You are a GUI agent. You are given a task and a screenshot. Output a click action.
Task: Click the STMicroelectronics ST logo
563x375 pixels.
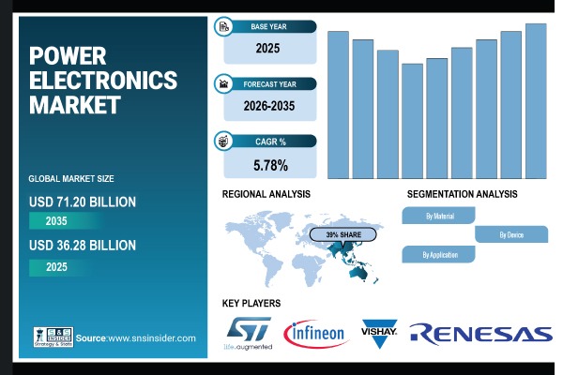(x=249, y=331)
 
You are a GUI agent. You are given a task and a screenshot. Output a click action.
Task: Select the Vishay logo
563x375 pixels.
(x=380, y=332)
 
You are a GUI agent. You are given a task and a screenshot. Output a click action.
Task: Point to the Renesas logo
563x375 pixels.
(x=480, y=334)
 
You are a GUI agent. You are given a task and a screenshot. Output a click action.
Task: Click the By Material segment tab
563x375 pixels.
(x=438, y=216)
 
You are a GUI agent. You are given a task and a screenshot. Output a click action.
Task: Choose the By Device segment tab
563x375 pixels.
(x=511, y=234)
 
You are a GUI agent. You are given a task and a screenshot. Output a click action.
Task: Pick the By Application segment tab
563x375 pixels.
(x=438, y=254)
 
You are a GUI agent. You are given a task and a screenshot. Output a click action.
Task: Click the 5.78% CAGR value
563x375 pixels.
(x=268, y=166)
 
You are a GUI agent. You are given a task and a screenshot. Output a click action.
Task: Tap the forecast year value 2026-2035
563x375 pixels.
(x=268, y=107)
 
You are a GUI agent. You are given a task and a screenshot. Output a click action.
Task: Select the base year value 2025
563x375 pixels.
(x=268, y=46)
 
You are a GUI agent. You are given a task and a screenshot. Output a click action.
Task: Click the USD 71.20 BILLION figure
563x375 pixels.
(x=83, y=202)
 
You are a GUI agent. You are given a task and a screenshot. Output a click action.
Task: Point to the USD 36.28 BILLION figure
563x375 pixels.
(x=83, y=246)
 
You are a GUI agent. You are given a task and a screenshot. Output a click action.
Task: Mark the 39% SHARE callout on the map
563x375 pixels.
(x=347, y=234)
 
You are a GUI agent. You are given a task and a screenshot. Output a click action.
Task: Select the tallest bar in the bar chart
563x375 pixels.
(x=536, y=100)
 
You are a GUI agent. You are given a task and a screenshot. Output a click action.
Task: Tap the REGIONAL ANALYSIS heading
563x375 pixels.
(x=266, y=194)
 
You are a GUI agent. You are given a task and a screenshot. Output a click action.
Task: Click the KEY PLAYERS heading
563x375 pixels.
(x=251, y=303)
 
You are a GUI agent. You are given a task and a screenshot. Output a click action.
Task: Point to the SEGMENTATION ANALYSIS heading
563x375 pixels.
(x=462, y=194)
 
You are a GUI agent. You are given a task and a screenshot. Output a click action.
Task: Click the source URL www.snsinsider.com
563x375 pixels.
(x=151, y=337)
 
